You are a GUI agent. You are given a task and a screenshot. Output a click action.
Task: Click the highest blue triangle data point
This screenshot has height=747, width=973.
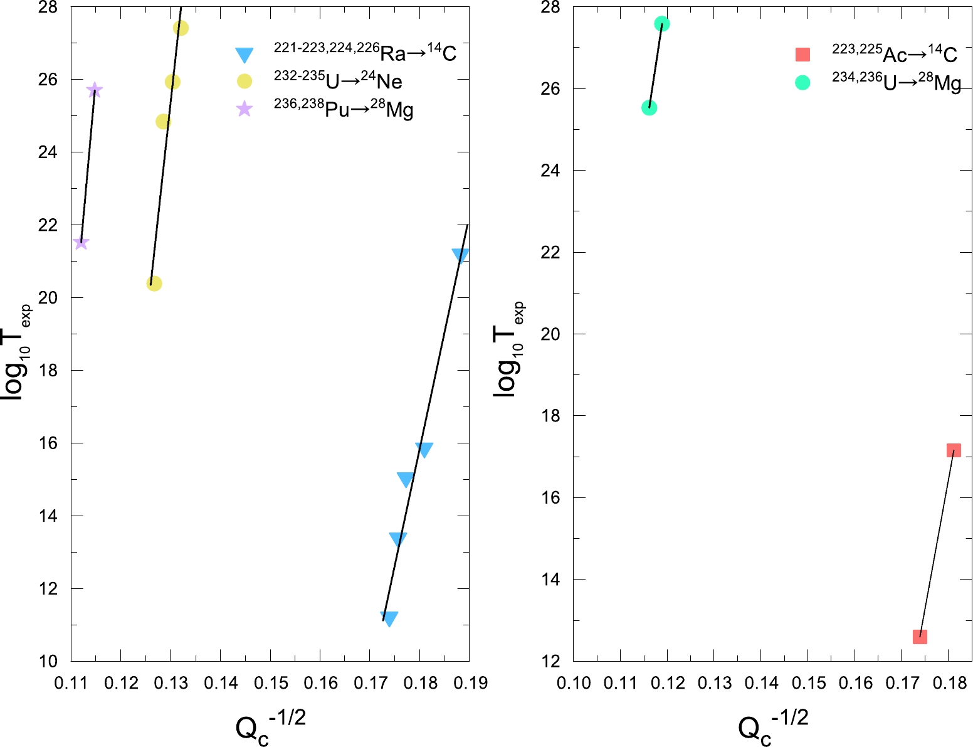coord(460,255)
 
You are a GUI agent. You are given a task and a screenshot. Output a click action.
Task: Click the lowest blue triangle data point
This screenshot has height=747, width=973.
coord(389,618)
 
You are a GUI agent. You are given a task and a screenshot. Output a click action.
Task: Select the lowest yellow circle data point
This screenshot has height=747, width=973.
coord(154,283)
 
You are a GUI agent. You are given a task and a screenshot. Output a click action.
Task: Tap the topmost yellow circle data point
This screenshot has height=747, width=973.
coord(181,28)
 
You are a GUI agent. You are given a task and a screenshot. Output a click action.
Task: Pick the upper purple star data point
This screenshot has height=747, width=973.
coord(95,90)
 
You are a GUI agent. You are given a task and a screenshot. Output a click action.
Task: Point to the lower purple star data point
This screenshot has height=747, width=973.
coord(81,242)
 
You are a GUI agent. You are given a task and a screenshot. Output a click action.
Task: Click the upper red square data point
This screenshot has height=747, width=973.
coord(954,450)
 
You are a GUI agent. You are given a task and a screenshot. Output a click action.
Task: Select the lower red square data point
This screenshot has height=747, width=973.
coord(920,637)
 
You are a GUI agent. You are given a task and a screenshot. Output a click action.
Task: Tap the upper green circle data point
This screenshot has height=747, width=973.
coord(662,24)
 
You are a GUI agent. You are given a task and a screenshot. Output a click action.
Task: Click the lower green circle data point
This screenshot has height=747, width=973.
coord(650,108)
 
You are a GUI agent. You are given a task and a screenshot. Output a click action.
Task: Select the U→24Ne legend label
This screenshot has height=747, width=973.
coord(338,81)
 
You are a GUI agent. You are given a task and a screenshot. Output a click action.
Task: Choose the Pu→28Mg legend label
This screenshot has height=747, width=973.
coord(344,109)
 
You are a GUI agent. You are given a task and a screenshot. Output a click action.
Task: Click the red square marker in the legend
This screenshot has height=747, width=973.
coord(802,55)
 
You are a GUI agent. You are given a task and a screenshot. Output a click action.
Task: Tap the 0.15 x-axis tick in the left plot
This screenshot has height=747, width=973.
coord(270,683)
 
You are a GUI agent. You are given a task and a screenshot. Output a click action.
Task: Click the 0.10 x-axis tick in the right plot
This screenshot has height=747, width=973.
coord(574,683)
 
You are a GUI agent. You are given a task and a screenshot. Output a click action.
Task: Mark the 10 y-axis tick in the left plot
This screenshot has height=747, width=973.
coord(48,661)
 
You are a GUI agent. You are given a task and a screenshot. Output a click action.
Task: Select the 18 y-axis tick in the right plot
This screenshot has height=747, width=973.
coord(550,416)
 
